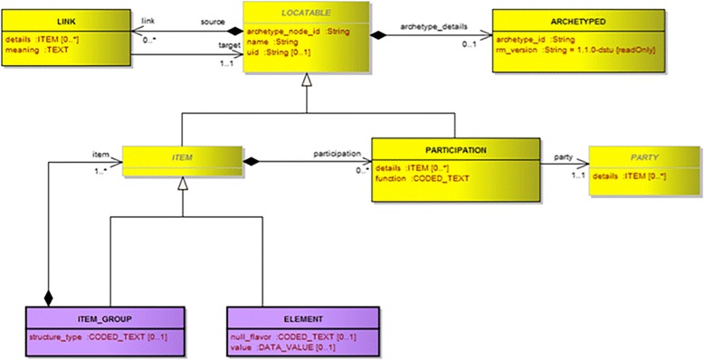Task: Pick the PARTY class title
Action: point(645,156)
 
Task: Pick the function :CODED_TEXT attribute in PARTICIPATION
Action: point(422,177)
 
